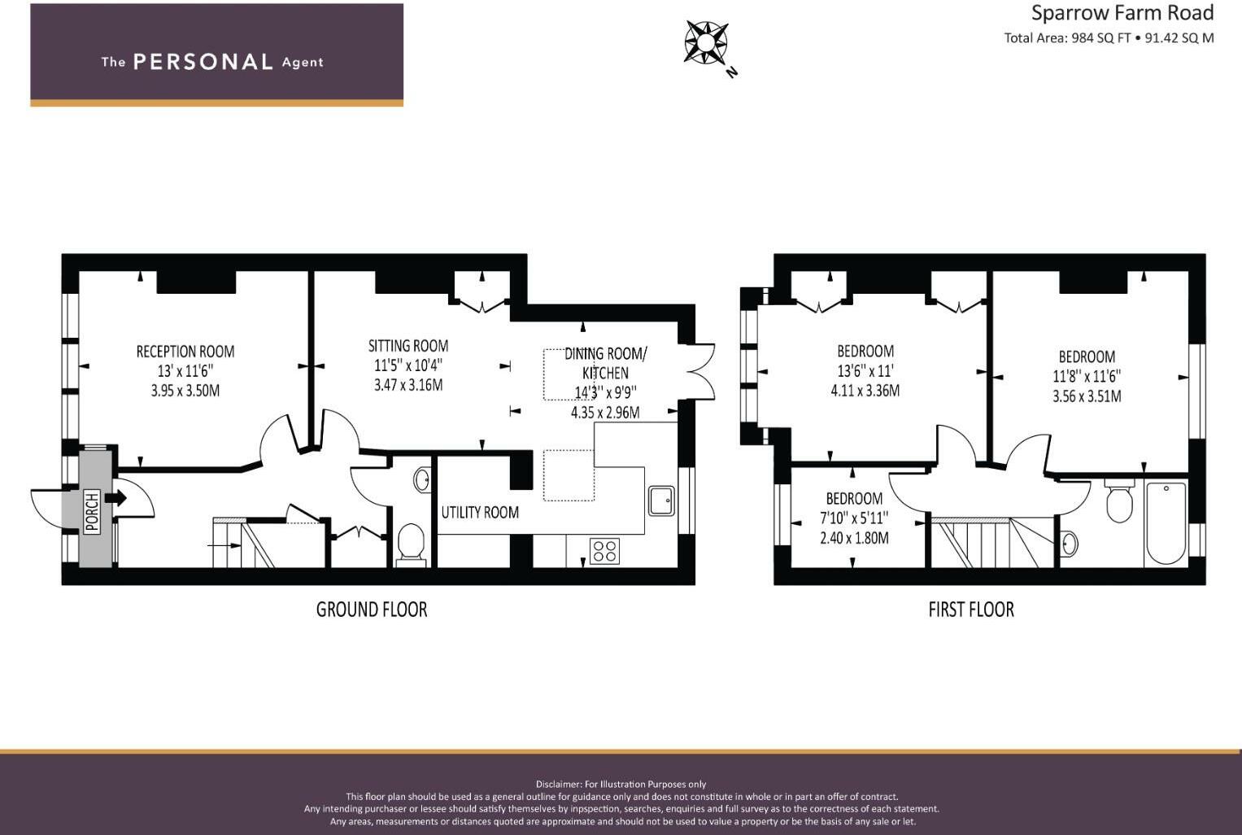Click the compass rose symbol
point(706,42)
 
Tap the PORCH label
point(91,511)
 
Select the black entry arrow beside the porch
point(115,498)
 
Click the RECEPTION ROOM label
point(185,352)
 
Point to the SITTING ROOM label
point(408,346)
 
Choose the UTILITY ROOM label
point(480,512)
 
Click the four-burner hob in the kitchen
point(604,551)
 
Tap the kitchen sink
point(661,501)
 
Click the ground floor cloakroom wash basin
point(422,479)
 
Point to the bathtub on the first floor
point(1166,523)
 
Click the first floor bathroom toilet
point(1119,501)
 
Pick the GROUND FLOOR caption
point(372,610)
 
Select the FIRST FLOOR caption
point(971,610)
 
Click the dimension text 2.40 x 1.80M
point(854,538)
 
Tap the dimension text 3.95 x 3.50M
point(185,391)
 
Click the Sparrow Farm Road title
point(1122,13)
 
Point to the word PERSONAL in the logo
point(203,62)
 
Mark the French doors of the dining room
point(697,372)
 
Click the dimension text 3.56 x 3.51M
point(1086,396)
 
